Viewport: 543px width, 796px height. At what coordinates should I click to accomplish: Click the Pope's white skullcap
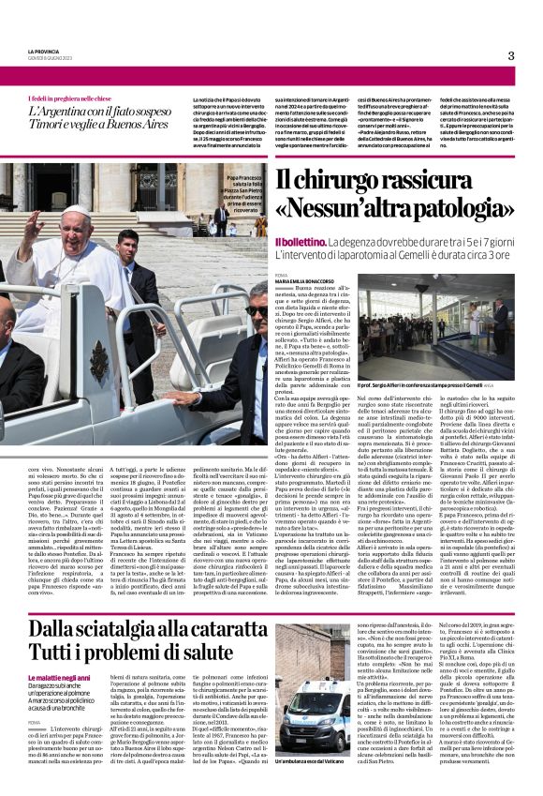point(77,211)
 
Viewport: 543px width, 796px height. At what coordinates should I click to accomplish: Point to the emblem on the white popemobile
point(98,361)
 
